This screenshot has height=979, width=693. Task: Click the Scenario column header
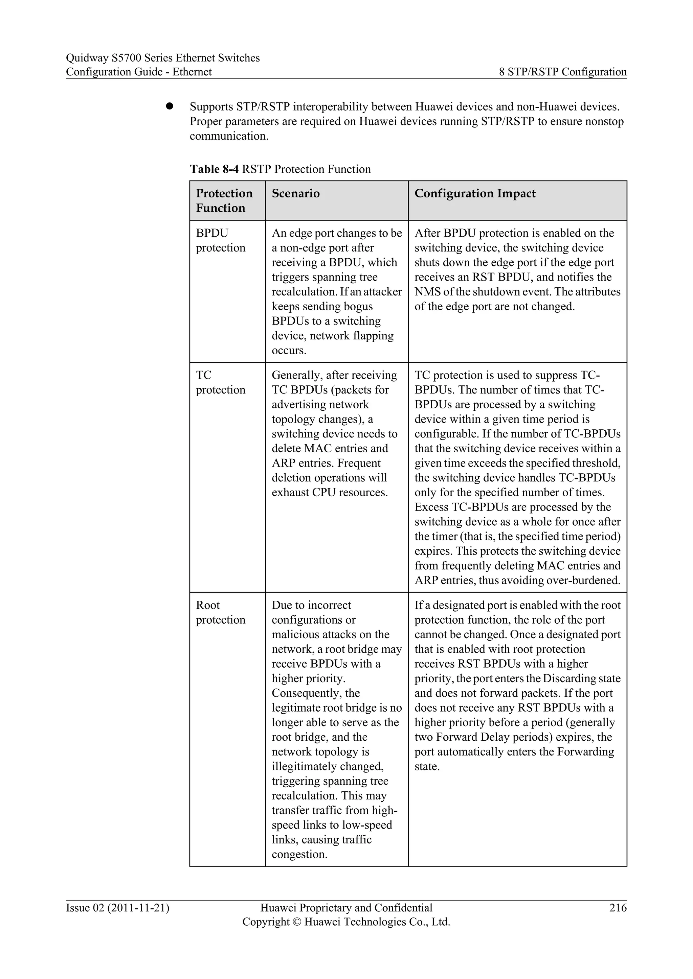295,194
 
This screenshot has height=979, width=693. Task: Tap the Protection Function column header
224,200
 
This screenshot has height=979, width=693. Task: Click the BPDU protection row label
220,240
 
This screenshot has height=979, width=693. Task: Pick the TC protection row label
220,382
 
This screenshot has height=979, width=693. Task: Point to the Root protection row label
220,612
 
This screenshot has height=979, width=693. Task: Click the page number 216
618,908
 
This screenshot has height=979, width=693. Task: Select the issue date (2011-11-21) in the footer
138,908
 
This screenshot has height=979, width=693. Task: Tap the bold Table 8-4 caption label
214,169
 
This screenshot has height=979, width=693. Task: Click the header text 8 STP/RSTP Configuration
562,72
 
